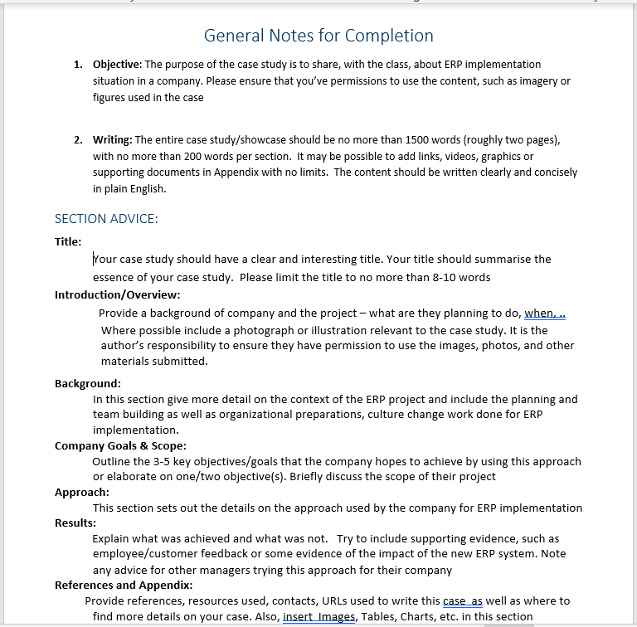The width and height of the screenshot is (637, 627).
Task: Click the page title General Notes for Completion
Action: (318, 36)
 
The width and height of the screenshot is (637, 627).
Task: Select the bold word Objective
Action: (117, 65)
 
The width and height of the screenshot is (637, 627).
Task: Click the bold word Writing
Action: (111, 140)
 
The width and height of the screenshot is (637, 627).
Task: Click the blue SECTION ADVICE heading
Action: (106, 219)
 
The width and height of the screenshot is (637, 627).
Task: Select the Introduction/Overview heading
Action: (117, 294)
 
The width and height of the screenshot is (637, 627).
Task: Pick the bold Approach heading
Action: (81, 492)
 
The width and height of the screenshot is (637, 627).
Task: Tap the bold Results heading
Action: (75, 522)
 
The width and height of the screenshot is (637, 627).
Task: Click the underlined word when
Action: (539, 313)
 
